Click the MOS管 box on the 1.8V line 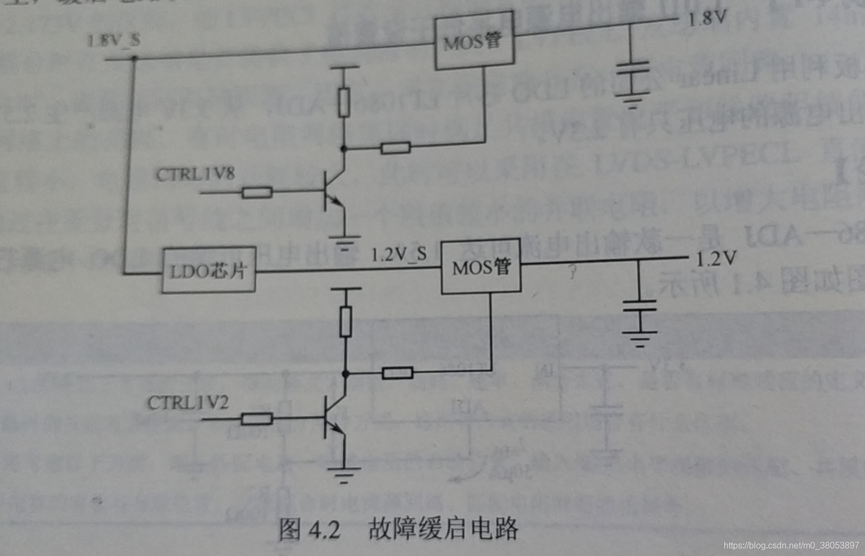click(474, 41)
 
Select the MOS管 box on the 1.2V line click(481, 267)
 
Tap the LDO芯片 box click(209, 270)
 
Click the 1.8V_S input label click(113, 40)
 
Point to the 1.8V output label click(706, 19)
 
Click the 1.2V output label click(716, 258)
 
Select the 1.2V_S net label click(398, 254)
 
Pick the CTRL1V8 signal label click(195, 174)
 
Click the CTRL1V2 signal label click(188, 403)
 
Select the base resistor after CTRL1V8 click(257, 192)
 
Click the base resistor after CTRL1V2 click(257, 419)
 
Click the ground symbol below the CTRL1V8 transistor click(344, 241)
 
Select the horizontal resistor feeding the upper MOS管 click(395, 147)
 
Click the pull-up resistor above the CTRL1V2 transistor click(345, 321)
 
